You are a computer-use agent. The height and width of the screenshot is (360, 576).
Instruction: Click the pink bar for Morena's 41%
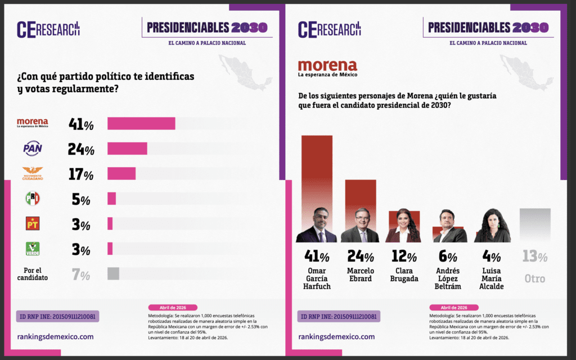click(x=141, y=123)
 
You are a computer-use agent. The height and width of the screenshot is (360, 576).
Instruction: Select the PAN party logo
click(x=32, y=148)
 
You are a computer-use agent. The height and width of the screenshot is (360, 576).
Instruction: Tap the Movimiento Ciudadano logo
click(x=32, y=174)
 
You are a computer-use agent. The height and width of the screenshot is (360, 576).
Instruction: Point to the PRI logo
click(x=32, y=199)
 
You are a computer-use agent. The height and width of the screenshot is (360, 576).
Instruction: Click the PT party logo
click(x=32, y=223)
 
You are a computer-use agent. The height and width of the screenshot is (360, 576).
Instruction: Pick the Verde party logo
click(x=32, y=248)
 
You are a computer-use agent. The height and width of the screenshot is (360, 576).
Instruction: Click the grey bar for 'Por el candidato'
click(x=113, y=273)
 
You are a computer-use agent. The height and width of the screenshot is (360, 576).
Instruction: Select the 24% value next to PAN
click(x=80, y=149)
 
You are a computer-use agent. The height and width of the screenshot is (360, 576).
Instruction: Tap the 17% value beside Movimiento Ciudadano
click(x=80, y=174)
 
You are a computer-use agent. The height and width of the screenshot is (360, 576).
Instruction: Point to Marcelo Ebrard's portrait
click(x=360, y=226)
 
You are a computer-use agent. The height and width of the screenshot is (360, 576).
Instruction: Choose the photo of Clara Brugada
click(x=403, y=226)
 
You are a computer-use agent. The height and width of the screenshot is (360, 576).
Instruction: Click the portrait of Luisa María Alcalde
click(x=492, y=226)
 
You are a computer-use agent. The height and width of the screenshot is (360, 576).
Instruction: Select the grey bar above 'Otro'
click(x=535, y=225)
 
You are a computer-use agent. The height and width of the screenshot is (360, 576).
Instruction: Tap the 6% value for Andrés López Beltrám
click(x=448, y=257)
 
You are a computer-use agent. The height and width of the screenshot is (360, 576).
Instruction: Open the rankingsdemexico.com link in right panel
click(x=336, y=337)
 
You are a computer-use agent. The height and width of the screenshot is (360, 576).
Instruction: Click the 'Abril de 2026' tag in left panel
click(x=173, y=308)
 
